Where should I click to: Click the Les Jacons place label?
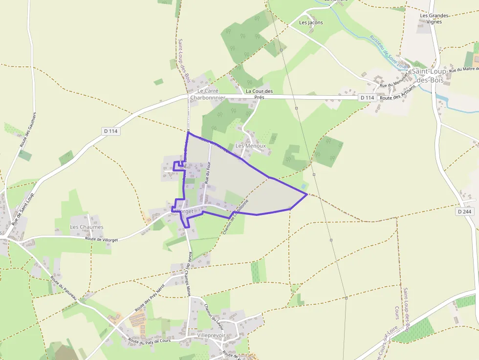click(x=311, y=22)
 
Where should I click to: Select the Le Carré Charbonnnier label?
click(x=208, y=94)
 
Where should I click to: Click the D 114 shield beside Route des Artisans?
click(x=367, y=98)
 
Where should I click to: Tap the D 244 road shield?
click(x=465, y=212)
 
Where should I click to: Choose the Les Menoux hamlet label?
click(x=251, y=146)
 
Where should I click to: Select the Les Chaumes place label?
click(x=87, y=227)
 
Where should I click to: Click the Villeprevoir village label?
click(x=211, y=336)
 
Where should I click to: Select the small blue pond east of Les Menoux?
click(x=305, y=187)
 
